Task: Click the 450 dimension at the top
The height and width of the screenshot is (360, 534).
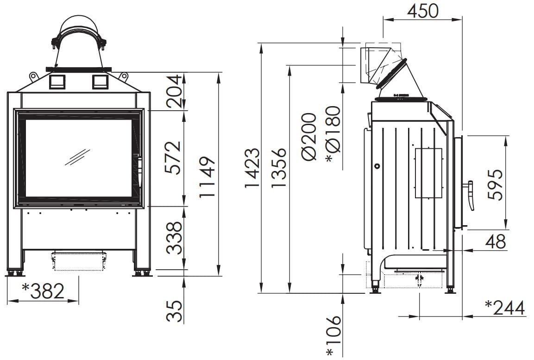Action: tap(423, 11)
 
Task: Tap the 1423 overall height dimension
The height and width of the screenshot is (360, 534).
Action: tap(252, 168)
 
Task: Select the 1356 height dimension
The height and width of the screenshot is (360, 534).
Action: tap(279, 168)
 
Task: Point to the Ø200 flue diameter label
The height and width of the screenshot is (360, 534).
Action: tap(309, 136)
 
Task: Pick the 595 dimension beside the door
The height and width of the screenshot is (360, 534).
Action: tap(495, 184)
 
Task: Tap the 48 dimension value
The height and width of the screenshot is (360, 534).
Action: tap(496, 242)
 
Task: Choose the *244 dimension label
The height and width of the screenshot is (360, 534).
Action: tap(505, 308)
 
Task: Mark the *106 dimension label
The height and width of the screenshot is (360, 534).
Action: tap(333, 336)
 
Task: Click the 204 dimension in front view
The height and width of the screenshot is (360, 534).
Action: tap(173, 91)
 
